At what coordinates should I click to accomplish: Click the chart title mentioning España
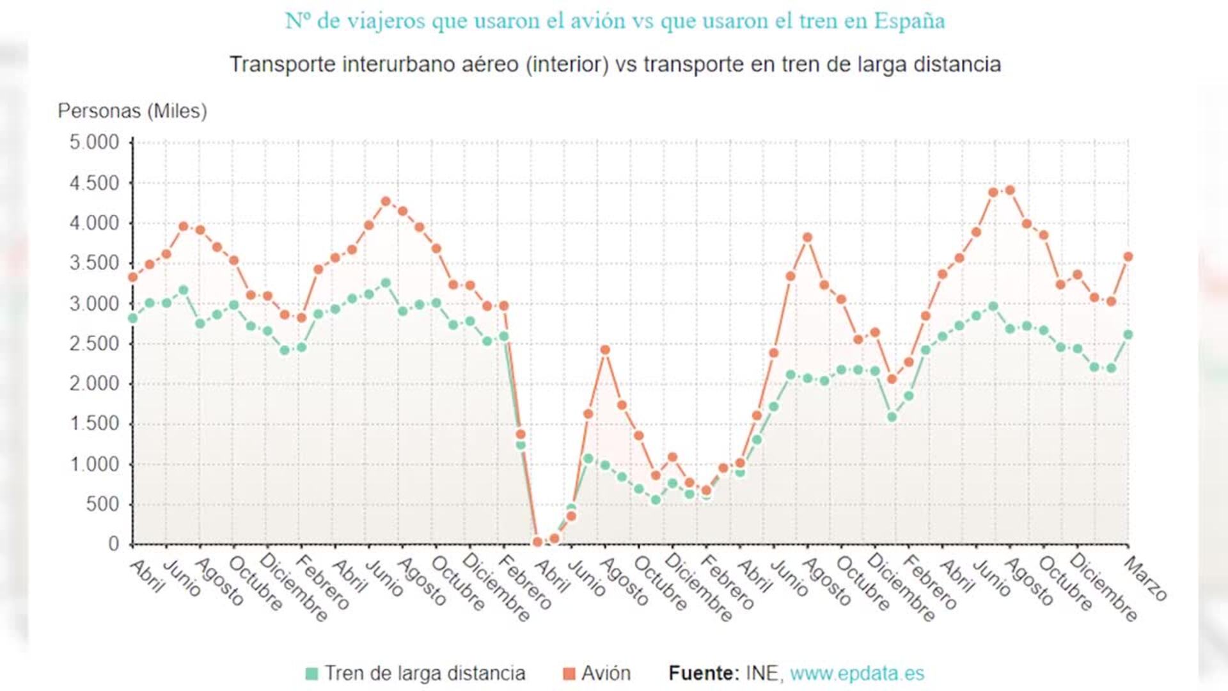tap(614, 20)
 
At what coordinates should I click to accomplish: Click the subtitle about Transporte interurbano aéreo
tap(615, 65)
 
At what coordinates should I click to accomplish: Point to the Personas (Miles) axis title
tap(132, 111)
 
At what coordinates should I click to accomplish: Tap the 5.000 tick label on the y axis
tap(94, 142)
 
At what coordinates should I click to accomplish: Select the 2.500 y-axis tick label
tap(94, 344)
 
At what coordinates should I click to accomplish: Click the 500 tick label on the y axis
tap(102, 504)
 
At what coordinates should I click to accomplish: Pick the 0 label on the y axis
tap(113, 544)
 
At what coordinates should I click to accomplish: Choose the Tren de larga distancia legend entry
tap(424, 673)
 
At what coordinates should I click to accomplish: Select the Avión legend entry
tap(605, 673)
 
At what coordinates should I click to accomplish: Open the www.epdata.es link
tap(857, 673)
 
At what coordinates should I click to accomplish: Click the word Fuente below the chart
tap(702, 673)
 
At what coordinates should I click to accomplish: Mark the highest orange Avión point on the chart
tap(1010, 190)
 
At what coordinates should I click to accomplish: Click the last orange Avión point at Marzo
tap(1128, 257)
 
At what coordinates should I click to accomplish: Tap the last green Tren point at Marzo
tap(1128, 335)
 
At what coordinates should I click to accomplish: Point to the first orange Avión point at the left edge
tap(133, 277)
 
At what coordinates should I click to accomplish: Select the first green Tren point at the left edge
tap(133, 318)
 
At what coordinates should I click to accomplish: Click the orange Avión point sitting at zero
tap(537, 542)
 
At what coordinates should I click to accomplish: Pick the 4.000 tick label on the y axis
tap(94, 223)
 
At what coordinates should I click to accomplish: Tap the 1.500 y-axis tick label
tap(94, 424)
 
